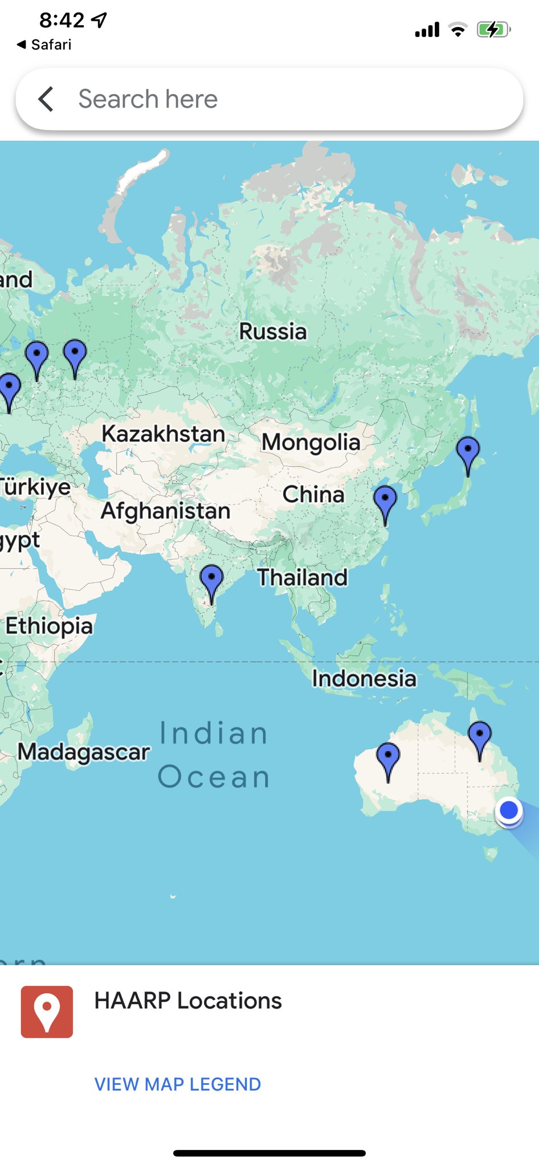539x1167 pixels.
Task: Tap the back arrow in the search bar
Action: pyautogui.click(x=46, y=99)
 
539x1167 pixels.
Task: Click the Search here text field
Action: pyautogui.click(x=285, y=99)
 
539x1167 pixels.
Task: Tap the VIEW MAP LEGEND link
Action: pyautogui.click(x=177, y=1084)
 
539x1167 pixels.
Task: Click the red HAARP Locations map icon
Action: pyautogui.click(x=47, y=1011)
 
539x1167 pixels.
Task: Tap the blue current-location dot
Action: pyautogui.click(x=509, y=810)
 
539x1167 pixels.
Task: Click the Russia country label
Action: pyautogui.click(x=273, y=331)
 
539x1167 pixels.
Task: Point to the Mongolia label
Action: pyautogui.click(x=311, y=442)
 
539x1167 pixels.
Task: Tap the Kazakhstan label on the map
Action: pyautogui.click(x=164, y=434)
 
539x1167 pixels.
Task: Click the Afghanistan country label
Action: pyautogui.click(x=166, y=511)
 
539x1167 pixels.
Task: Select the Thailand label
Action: pyautogui.click(x=303, y=577)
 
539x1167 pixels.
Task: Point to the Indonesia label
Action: pyautogui.click(x=364, y=678)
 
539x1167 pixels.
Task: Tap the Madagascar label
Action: pyautogui.click(x=84, y=752)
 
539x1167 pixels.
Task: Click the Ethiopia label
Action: pyautogui.click(x=49, y=626)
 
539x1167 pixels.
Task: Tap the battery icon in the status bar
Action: pyautogui.click(x=493, y=30)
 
